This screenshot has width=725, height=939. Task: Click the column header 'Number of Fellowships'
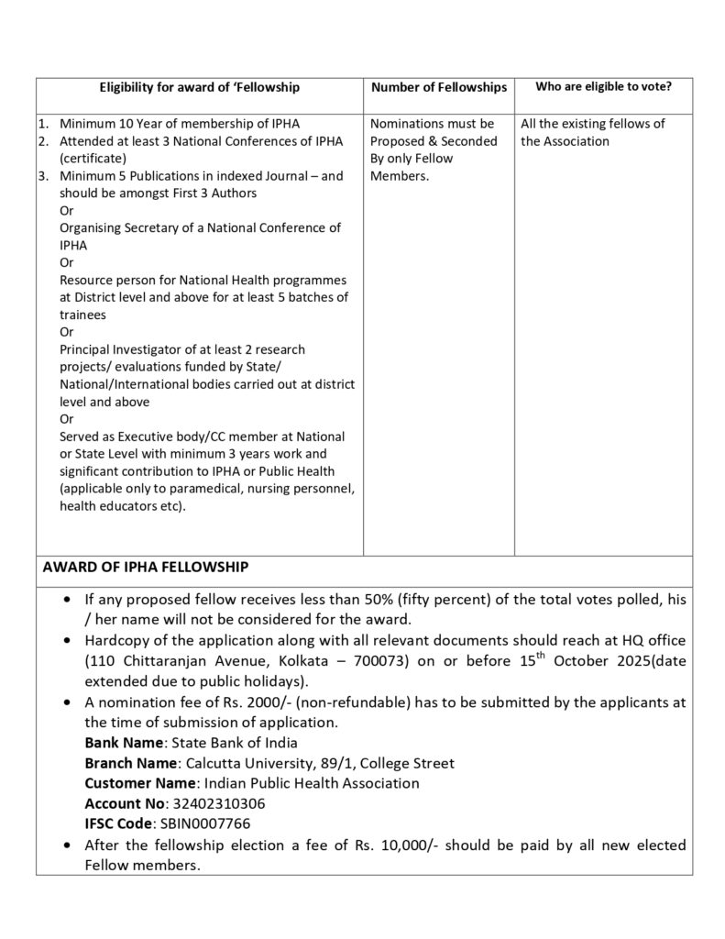438,88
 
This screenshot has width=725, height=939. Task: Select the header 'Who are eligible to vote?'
603,86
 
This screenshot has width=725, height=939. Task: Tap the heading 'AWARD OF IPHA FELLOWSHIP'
145,568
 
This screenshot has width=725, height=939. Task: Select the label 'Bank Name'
123,743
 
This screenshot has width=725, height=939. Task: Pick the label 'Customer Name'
140,783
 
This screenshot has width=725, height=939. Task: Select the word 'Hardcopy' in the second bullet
116,640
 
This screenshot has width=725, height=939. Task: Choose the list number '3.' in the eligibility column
43,176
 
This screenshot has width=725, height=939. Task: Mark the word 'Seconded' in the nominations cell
469,141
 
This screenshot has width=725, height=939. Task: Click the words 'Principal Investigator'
126,349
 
